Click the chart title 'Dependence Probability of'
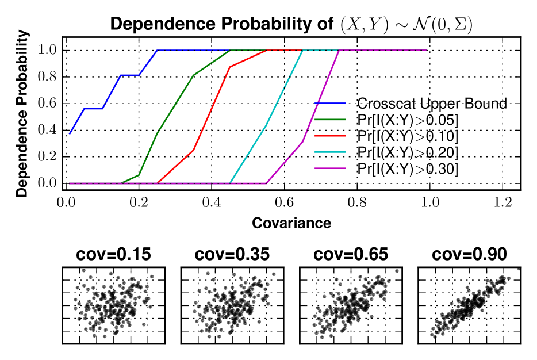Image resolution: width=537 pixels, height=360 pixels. (221, 25)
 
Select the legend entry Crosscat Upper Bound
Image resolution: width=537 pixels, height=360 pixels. (432, 104)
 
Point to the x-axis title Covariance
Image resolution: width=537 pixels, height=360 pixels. (291, 223)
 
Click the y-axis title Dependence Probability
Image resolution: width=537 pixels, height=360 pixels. (22, 117)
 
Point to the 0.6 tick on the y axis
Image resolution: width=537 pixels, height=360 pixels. (47, 104)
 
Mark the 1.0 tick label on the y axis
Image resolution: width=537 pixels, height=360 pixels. (47, 51)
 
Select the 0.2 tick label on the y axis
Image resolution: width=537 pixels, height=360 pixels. (47, 156)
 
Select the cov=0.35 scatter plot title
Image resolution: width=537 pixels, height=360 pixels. (232, 255)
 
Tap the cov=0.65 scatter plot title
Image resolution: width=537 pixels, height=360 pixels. (351, 255)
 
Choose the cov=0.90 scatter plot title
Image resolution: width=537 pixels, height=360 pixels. (469, 255)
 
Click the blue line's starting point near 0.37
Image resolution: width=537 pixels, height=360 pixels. (70, 134)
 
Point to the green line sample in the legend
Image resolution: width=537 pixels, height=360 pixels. (331, 120)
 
